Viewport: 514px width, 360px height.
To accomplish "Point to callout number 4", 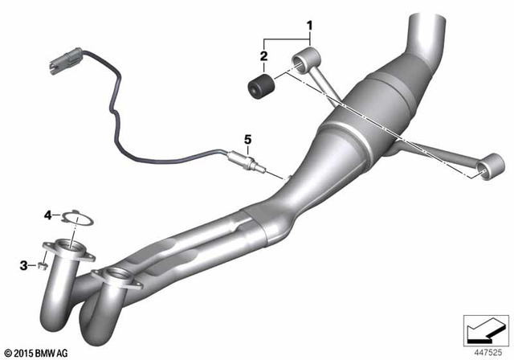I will click(48, 215).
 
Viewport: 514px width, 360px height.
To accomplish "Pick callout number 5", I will click(247, 140).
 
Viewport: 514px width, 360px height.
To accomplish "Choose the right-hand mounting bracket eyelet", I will click(484, 169).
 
